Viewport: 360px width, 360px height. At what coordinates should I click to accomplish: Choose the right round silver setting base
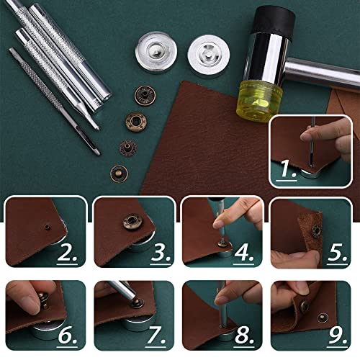203,53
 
